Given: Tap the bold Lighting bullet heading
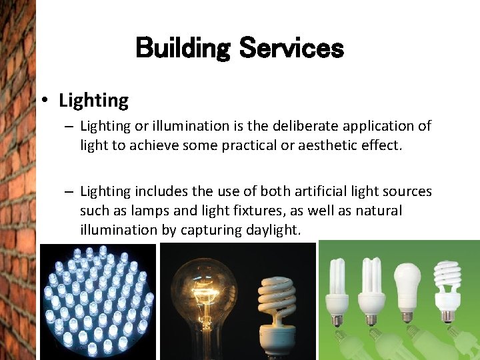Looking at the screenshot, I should pyautogui.click(x=93, y=101).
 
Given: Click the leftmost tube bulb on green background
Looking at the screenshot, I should pyautogui.click(x=337, y=287).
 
